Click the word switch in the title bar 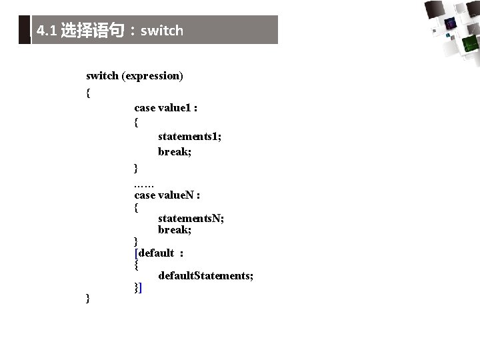point(161,31)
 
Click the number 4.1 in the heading point(46,31)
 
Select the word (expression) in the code point(152,76)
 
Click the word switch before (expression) point(102,76)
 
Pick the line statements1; point(189,136)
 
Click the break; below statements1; point(175,151)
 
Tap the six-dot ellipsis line point(143,181)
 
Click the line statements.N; point(191,218)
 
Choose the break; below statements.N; point(175,229)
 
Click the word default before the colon point(156,253)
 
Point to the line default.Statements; point(205,275)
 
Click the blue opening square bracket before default point(136,253)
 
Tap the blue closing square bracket point(140,288)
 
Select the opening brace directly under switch point(89,93)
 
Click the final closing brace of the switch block point(89,298)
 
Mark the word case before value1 point(145,107)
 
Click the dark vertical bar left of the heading point(25,30)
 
